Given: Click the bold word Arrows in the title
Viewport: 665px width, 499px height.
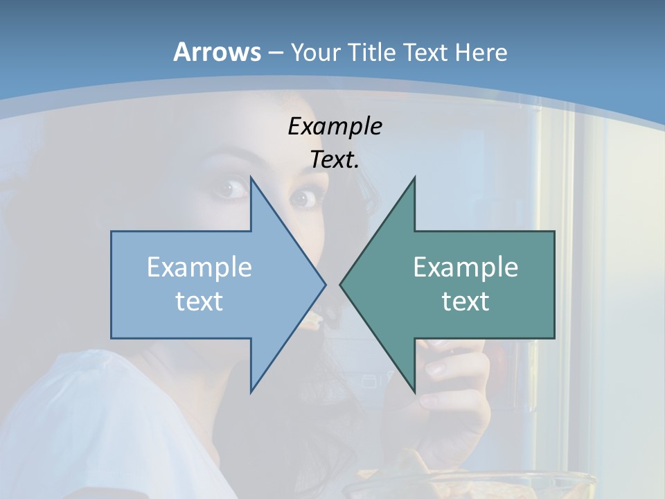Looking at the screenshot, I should [217, 52].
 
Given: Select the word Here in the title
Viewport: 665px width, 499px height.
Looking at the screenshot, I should [481, 52].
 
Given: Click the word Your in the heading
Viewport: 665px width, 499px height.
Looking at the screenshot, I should [316, 53].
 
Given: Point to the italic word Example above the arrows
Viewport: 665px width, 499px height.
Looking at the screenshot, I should [335, 126].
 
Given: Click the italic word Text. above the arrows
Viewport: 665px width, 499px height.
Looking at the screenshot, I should [335, 160].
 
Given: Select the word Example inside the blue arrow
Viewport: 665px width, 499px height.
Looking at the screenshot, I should [199, 267].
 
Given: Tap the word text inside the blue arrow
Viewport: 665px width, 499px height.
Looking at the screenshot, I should [199, 301].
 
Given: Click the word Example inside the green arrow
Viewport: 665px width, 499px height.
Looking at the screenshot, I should [465, 267].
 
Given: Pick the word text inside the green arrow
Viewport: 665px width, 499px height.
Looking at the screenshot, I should [465, 301].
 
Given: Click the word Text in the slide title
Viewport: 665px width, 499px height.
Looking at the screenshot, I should [424, 52].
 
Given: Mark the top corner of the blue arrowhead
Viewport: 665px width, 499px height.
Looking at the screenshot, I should [251, 178].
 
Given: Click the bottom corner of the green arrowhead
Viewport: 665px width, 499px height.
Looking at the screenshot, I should [414, 392].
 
